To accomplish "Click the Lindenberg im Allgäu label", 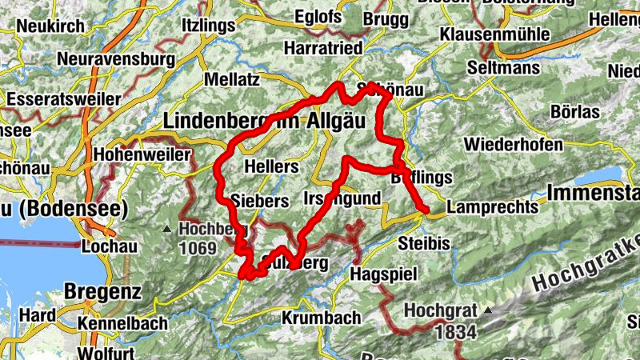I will point(263,121).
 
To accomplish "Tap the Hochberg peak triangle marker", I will point(166,229).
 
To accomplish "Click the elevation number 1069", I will point(198,249).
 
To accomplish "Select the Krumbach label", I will point(321,318).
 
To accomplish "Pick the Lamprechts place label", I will point(492,206).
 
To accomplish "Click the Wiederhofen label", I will point(513,145).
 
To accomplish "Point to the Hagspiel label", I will point(384,274).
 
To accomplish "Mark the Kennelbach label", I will point(123,323).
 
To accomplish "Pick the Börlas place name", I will point(574,111).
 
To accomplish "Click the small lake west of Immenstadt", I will point(599,175).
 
